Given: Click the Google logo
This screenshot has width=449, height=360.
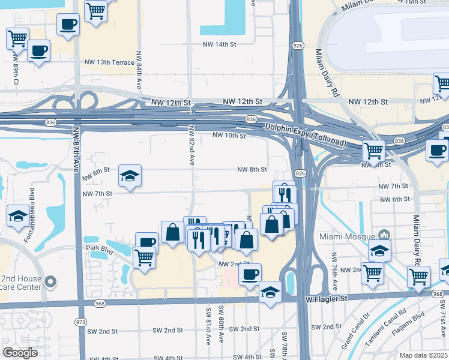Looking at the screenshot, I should [20, 353].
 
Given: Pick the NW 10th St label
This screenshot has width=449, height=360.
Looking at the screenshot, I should [229, 136].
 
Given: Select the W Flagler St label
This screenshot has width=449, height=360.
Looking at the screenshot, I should [327, 298].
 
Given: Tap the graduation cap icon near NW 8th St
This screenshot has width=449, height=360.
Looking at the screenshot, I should [130, 175].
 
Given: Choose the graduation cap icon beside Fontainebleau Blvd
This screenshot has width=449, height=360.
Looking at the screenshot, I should [17, 215].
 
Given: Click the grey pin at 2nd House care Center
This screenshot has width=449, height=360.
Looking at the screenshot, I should [51, 281].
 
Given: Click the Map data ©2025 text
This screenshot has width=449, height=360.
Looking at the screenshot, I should [424, 355].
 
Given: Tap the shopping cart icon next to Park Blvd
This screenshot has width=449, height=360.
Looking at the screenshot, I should [144, 257].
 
